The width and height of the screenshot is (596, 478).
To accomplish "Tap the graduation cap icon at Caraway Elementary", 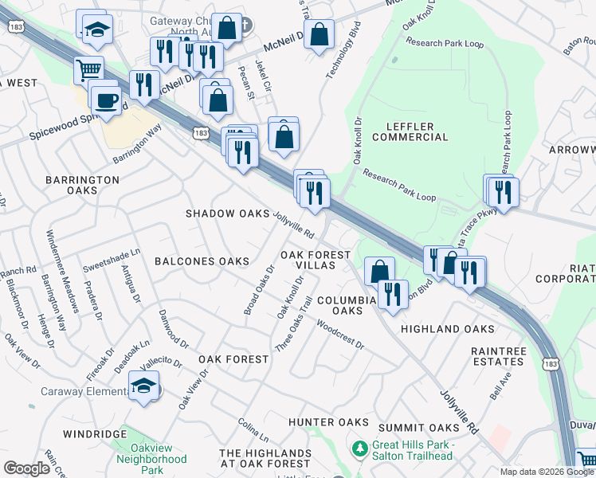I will [x=143, y=387].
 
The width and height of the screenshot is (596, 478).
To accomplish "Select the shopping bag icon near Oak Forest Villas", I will [x=380, y=271].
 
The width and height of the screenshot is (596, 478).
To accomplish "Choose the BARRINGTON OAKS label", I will [x=82, y=186].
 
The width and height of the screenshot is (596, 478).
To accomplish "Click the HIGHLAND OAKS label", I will [x=447, y=329].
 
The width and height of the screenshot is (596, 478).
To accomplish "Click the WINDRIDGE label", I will [x=96, y=433].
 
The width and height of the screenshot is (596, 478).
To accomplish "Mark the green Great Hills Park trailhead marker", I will [x=360, y=450].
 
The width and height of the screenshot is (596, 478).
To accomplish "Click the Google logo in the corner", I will [x=26, y=468].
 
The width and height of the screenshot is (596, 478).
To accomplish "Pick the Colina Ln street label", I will [x=253, y=429].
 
